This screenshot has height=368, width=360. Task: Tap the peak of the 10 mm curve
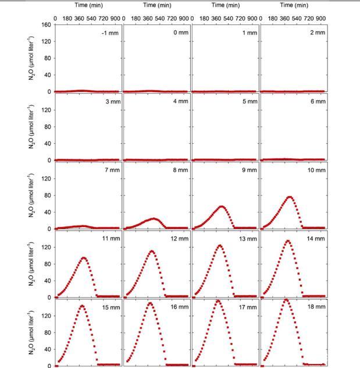point(290,197)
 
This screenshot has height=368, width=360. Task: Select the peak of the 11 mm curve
point(84,258)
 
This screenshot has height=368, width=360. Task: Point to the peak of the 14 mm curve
point(288,240)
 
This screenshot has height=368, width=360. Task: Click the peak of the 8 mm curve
point(154,219)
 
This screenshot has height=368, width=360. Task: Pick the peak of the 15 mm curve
point(82,306)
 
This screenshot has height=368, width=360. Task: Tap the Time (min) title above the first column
point(88,5)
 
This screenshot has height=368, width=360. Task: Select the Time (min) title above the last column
point(294,5)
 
